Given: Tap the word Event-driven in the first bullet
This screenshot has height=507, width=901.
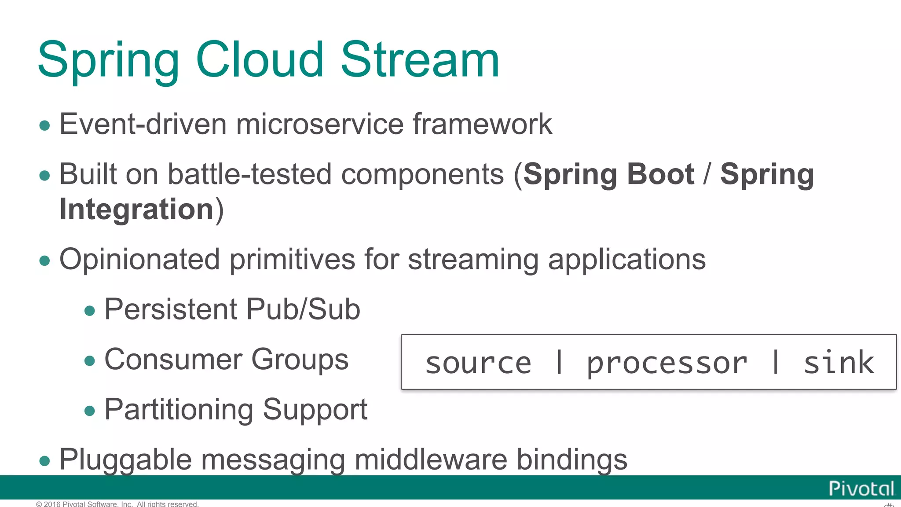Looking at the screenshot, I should [x=143, y=124].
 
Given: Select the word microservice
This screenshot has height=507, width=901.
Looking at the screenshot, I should [x=320, y=124].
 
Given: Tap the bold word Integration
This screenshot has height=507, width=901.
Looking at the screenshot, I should [x=136, y=209].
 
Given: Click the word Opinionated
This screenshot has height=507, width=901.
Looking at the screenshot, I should [x=139, y=260].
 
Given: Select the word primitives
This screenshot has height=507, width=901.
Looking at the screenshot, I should [x=292, y=260].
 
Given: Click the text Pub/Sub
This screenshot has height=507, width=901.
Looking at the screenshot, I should [x=303, y=309].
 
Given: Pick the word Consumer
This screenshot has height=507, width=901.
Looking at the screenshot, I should [x=173, y=360].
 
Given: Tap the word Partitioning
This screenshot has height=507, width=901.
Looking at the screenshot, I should [x=179, y=410].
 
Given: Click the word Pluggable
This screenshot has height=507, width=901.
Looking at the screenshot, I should [x=125, y=460].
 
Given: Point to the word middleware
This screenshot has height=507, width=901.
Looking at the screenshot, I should [x=431, y=460].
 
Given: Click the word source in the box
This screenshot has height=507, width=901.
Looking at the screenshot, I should [x=478, y=364].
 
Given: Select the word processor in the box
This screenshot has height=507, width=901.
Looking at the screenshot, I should [x=667, y=364].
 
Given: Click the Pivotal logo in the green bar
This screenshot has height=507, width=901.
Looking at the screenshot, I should [x=861, y=489].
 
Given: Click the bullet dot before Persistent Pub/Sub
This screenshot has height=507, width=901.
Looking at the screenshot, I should [x=90, y=311].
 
